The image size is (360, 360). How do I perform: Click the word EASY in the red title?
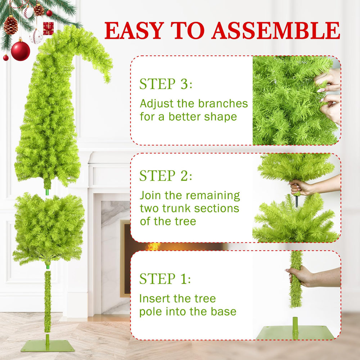point(134,30)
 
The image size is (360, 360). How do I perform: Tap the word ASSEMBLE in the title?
point(275,30)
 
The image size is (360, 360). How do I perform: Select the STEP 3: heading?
point(166,84)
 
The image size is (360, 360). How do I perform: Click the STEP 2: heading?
point(166,176)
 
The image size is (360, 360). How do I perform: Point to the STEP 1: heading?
point(165,279)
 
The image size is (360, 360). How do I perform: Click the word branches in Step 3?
point(223,103)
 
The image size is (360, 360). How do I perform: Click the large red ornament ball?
point(21,51)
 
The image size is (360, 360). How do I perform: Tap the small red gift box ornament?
point(48,28)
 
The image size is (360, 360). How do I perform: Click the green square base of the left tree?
point(48,346)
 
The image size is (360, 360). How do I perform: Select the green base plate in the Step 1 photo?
point(295,332)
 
